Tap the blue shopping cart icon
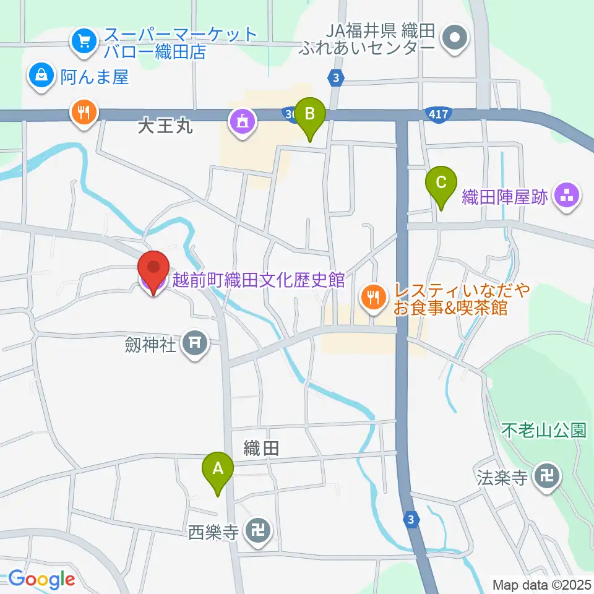click(x=82, y=41)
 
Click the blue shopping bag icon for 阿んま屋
click(x=41, y=76)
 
